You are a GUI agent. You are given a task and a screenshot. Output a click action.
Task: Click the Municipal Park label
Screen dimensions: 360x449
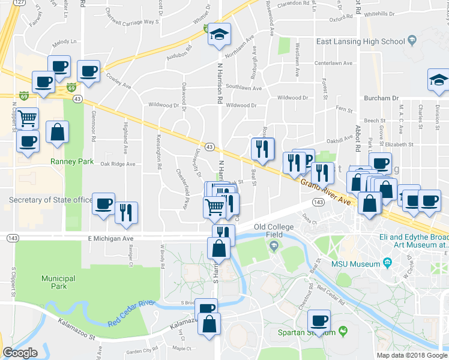[58, 283]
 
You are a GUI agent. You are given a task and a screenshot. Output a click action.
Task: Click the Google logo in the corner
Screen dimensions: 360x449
[19, 353]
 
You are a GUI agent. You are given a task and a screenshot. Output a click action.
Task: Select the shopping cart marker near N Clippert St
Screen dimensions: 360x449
[27, 118]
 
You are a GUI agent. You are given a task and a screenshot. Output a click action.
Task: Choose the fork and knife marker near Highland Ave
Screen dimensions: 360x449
[126, 212]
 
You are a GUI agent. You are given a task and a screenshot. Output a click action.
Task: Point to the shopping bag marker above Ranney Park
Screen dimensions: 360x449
[57, 133]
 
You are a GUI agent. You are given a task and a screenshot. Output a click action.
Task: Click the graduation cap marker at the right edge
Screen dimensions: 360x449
[438, 80]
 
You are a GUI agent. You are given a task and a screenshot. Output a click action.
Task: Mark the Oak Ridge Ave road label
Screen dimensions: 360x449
[118, 164]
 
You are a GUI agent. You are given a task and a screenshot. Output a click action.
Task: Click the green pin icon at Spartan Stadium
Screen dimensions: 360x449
[343, 331]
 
